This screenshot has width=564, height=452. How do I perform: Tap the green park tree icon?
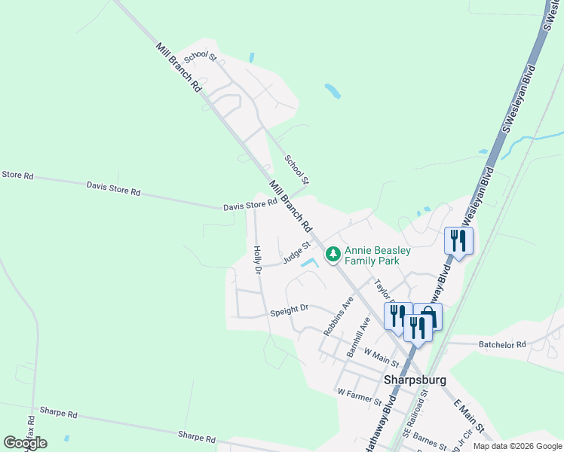point(333,256)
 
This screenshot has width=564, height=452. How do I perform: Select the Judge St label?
point(297,253)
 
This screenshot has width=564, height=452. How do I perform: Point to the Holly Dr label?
point(257,260)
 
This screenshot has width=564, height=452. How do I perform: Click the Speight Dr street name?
point(290,310)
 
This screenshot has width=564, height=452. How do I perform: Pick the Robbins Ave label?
point(339,316)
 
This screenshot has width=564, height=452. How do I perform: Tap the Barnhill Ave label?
point(358,336)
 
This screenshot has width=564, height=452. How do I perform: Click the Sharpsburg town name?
point(415,380)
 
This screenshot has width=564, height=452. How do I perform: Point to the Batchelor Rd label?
point(502,344)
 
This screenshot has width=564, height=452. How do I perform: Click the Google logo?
point(25,443)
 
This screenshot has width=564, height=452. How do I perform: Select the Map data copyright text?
point(517,446)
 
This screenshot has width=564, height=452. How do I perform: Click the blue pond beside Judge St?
point(308,263)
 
